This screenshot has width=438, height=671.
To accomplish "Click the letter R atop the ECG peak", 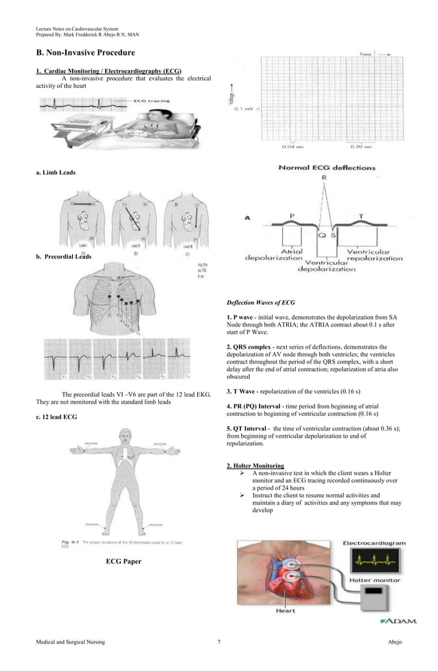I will (x=323, y=177).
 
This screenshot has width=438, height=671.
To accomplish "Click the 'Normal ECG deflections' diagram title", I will (x=326, y=167).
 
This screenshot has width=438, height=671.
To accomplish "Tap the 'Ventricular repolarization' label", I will (x=375, y=255).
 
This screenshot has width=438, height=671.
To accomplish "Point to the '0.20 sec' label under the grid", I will (x=360, y=146).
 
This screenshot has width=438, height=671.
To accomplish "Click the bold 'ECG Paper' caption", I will (x=124, y=562).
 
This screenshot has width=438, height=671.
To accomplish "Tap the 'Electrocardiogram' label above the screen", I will (x=374, y=543).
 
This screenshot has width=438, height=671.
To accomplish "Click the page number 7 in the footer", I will (x=218, y=642).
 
